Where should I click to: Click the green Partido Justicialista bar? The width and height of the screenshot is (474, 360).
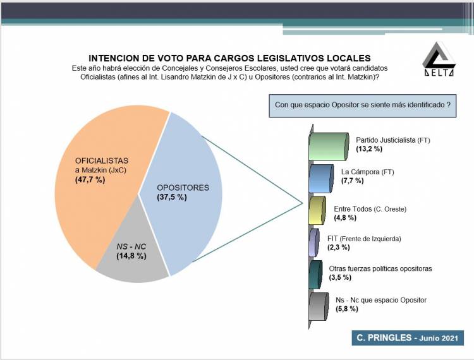click(328, 147)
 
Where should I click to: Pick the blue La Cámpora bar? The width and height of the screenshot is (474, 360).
click(321, 179)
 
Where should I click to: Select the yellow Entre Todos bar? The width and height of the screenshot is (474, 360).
click(317, 210)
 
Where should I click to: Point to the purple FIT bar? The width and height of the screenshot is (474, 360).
click(314, 243)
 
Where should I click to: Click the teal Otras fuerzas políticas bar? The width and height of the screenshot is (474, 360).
click(315, 275)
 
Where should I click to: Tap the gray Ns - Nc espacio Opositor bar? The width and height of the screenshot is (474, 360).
click(319, 306)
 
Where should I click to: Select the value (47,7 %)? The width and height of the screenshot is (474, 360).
click(90, 180)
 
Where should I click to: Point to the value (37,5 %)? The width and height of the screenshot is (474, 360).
click(172, 197)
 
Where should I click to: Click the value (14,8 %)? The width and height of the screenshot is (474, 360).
click(131, 256)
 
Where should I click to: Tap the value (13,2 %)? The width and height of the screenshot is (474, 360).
click(369, 149)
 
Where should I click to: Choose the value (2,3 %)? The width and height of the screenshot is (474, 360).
click(339, 248)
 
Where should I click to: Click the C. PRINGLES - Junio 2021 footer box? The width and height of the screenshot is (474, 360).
click(408, 338)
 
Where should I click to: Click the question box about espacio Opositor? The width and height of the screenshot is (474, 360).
click(363, 105)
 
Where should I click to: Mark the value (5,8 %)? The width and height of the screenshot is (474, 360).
click(347, 309)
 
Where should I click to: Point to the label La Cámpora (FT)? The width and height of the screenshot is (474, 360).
click(368, 172)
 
